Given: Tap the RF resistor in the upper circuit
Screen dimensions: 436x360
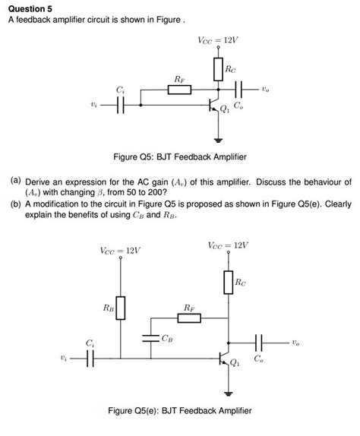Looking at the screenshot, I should pyautogui.click(x=179, y=90).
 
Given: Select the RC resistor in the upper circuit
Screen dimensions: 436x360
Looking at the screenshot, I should pyautogui.click(x=219, y=71).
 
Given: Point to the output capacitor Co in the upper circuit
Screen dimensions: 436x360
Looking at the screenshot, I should pyautogui.click(x=242, y=90).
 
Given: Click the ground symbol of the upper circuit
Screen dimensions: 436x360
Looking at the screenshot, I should pyautogui.click(x=219, y=140).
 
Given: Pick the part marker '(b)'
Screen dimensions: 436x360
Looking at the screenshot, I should pyautogui.click(x=15, y=204).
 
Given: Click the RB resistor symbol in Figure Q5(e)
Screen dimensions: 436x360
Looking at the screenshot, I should pyautogui.click(x=119, y=308).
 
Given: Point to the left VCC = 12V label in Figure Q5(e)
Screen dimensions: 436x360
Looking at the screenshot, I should pyautogui.click(x=120, y=251).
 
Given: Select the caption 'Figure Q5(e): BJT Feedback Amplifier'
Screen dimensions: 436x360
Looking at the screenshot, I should pyautogui.click(x=181, y=411).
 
